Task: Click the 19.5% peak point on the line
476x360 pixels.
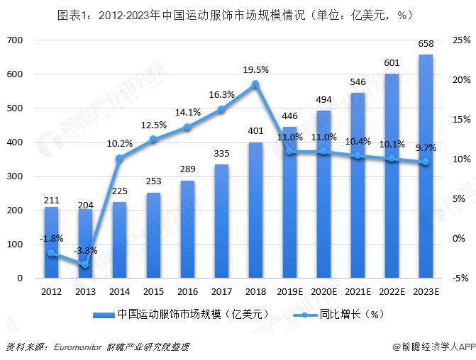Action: (255, 84)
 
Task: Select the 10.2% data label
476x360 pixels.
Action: (119, 143)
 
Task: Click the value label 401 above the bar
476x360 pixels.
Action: (255, 130)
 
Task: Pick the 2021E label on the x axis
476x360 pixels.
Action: (358, 291)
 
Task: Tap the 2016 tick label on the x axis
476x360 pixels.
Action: (187, 291)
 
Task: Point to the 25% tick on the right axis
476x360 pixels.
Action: (460, 40)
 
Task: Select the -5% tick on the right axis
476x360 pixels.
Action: (460, 279)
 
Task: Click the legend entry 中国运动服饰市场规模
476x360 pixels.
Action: (177, 314)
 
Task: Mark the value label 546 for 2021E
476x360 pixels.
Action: (358, 81)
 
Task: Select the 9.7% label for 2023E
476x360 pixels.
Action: (426, 147)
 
